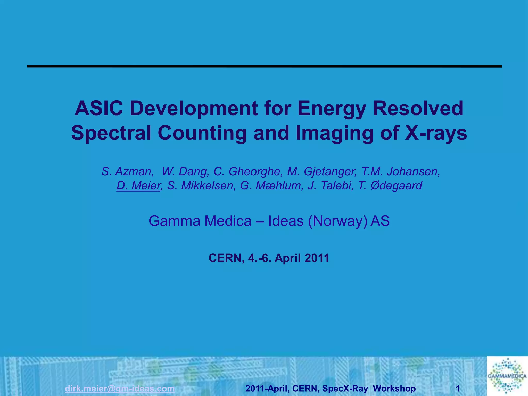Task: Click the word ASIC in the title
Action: point(99,109)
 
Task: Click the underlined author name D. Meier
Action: point(138,186)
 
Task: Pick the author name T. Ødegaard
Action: point(390,186)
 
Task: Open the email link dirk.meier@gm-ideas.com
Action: point(120,388)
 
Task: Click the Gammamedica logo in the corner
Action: point(507,376)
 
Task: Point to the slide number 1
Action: point(458,388)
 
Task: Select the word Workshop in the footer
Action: point(394,388)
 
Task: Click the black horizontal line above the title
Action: point(265,67)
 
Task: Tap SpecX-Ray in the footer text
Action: point(345,388)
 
